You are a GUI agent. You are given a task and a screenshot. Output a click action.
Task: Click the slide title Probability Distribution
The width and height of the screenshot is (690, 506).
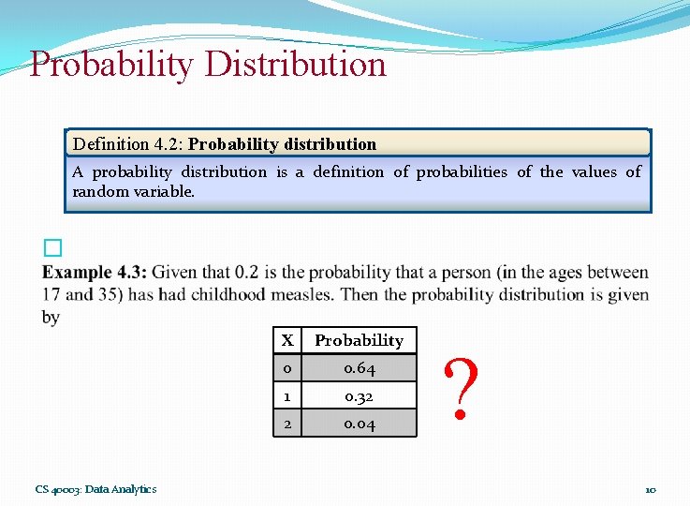point(208,65)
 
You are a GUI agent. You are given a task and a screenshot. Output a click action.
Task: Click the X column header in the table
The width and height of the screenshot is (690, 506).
point(287,340)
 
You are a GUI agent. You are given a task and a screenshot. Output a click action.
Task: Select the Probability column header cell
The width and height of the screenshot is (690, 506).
point(359,340)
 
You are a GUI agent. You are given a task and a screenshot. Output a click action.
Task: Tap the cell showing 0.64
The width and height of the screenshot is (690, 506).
point(359,368)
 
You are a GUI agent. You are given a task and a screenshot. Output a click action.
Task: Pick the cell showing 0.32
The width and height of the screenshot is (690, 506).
point(359,396)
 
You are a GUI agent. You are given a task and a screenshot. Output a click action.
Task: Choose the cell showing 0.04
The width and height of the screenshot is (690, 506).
point(359,424)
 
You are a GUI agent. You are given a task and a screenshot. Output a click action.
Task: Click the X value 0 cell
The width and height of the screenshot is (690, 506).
point(287,368)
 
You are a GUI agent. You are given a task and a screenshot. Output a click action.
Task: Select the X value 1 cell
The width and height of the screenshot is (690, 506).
point(287,396)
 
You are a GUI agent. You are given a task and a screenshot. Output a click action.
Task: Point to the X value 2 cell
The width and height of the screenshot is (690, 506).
point(287,424)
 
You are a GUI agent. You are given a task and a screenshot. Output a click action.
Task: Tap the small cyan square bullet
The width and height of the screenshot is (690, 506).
point(52,247)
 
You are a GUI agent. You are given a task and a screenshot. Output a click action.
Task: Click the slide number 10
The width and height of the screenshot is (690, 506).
point(650,489)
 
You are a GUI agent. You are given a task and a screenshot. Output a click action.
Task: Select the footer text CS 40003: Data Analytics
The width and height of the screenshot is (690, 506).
point(95,489)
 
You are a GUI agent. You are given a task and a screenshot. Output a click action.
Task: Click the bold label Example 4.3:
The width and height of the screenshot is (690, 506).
point(94,273)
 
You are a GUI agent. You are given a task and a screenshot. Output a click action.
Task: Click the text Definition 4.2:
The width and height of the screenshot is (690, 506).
point(127,144)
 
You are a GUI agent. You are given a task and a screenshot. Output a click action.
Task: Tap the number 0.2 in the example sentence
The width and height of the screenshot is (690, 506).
point(245,273)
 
